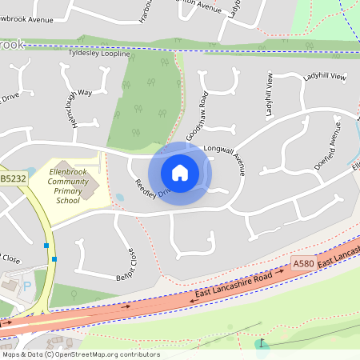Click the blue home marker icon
(180, 173)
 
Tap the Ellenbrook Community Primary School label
(73, 186)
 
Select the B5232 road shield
(13, 179)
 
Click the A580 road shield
(303, 263)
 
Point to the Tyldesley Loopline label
(99, 53)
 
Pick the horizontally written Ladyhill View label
(324, 77)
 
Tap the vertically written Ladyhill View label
(269, 97)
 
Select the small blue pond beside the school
(119, 197)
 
